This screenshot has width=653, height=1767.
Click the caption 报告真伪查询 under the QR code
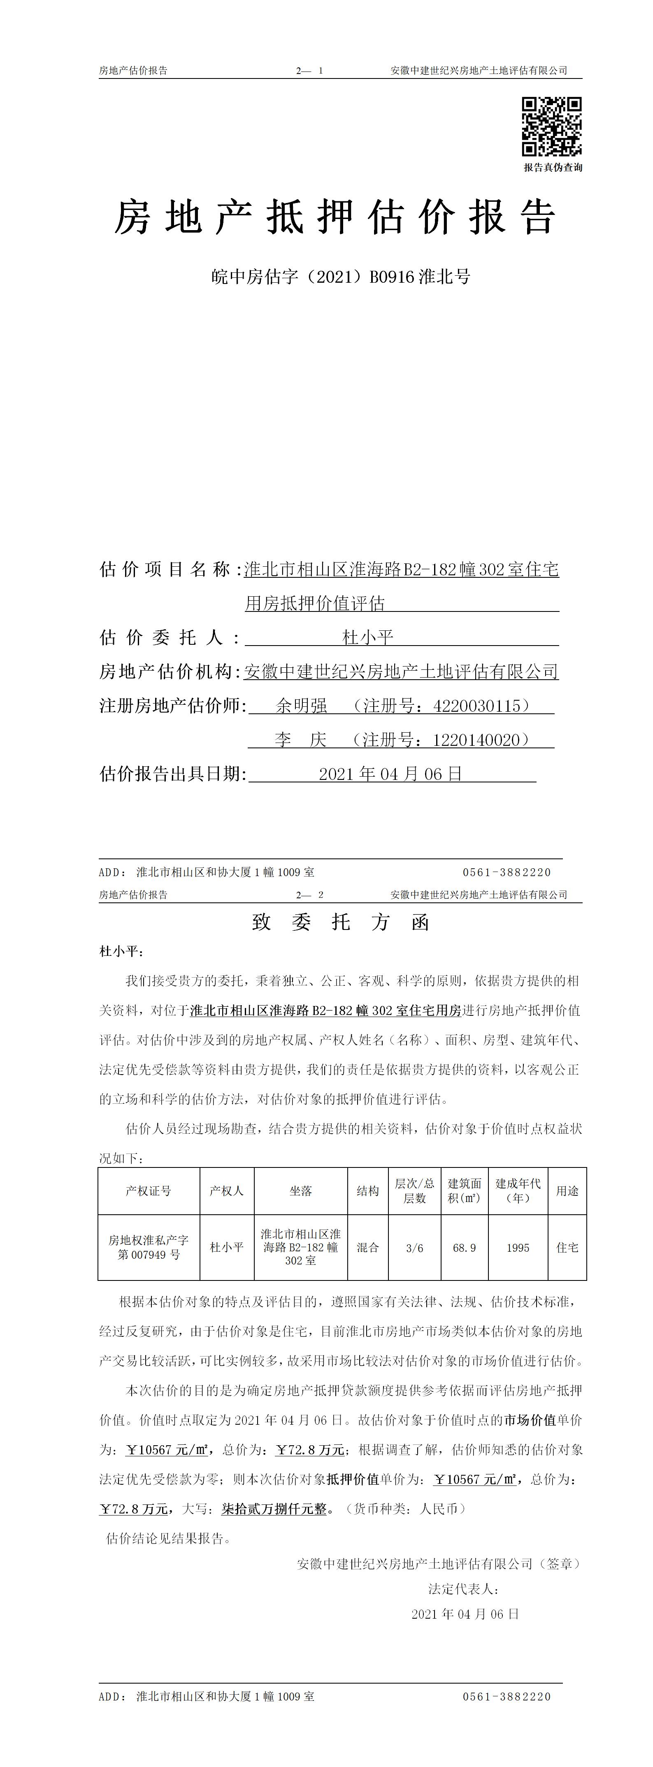coord(553,167)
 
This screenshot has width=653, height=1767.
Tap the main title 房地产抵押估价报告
coord(335,217)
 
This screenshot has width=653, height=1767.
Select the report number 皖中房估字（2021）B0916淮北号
coord(341,277)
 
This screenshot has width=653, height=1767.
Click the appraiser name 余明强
coord(302,706)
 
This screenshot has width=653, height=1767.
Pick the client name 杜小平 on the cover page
coord(368,638)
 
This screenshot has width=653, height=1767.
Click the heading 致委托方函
coord(341,923)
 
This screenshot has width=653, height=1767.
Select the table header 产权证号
coord(148,1191)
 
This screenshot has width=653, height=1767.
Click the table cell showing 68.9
coord(464,1248)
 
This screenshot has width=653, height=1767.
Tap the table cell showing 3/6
coord(415,1248)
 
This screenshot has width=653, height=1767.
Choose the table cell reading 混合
coord(368,1248)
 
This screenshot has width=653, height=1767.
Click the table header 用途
coord(567,1191)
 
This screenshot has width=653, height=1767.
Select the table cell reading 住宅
coord(567,1248)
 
